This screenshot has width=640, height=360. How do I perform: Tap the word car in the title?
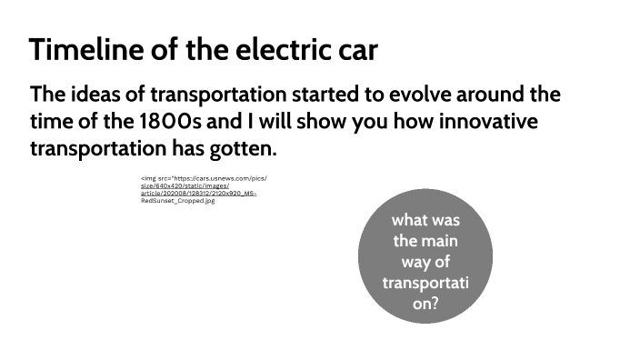[x=357, y=50]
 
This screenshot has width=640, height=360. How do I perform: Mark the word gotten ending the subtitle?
[x=241, y=147]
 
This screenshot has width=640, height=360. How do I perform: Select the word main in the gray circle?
[x=439, y=241]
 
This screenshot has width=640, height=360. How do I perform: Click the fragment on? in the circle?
[x=425, y=305]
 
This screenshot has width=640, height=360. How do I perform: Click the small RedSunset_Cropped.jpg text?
[x=178, y=201]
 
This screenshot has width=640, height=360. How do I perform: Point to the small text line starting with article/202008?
[x=199, y=194]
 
